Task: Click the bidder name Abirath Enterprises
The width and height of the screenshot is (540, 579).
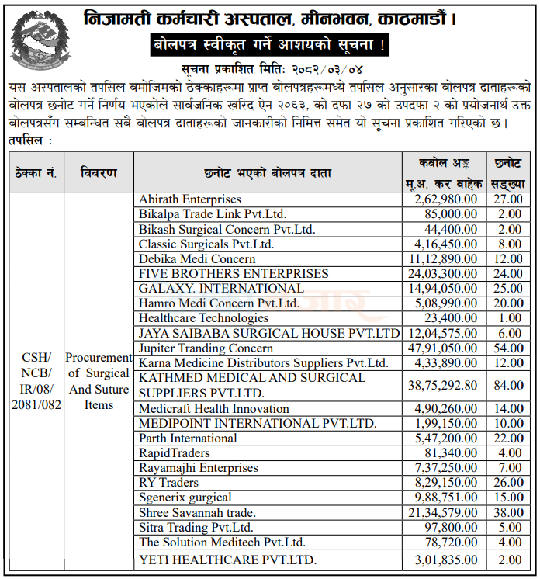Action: (190, 199)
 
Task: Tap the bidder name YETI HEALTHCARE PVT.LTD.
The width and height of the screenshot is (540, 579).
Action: (227, 560)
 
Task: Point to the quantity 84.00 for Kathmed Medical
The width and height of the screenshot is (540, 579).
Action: (509, 385)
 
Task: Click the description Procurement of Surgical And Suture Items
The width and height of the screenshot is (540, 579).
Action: (99, 380)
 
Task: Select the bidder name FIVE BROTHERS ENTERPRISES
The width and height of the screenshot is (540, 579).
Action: (234, 274)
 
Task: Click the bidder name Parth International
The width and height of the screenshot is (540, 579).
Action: (188, 438)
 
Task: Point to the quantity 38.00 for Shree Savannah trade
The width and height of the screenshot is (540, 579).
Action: (509, 512)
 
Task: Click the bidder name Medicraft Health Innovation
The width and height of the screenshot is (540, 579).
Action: (214, 408)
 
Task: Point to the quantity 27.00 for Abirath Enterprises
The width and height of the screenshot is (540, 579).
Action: (509, 199)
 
